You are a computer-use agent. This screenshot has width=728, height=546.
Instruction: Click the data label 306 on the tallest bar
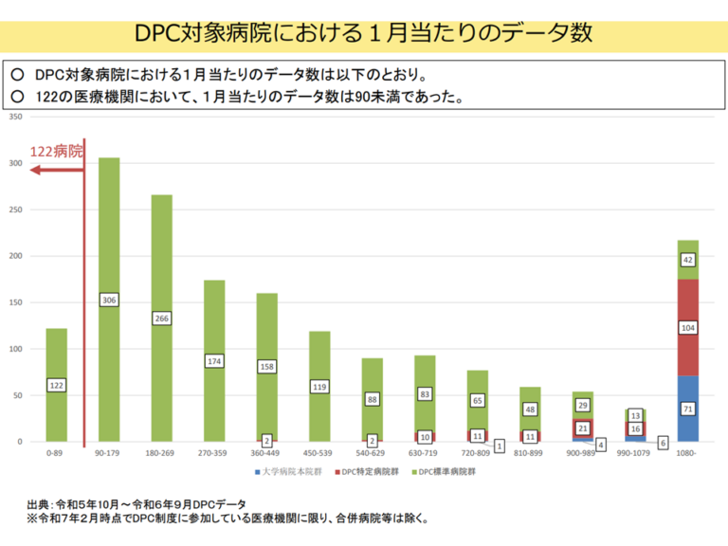[109, 300]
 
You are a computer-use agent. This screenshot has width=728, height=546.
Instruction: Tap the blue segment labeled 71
[689, 409]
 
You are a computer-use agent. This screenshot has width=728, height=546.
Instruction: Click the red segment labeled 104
[689, 327]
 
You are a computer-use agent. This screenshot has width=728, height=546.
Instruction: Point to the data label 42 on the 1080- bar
[689, 260]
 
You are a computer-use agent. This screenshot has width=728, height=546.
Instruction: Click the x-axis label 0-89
[56, 454]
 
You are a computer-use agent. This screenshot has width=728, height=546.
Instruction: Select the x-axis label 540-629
[372, 454]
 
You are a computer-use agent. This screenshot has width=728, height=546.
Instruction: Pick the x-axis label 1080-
[688, 454]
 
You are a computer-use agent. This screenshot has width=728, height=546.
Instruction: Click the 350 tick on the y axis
[15, 117]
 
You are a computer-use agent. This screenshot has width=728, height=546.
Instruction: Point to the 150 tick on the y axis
[15, 302]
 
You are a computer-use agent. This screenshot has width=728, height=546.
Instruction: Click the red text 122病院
[56, 152]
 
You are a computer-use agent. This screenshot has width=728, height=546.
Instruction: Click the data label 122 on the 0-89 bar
[56, 386]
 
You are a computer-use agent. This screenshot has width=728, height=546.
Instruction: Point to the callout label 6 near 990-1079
[663, 443]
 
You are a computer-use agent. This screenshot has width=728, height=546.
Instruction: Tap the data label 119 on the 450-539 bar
[319, 387]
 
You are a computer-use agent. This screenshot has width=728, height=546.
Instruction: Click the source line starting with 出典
[136, 503]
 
